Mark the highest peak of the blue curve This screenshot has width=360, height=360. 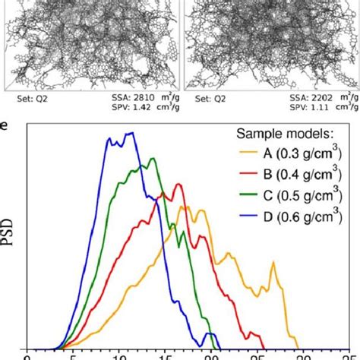(x=131, y=133)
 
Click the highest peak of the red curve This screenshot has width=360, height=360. (x=178, y=184)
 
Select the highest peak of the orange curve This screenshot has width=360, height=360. (x=184, y=206)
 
